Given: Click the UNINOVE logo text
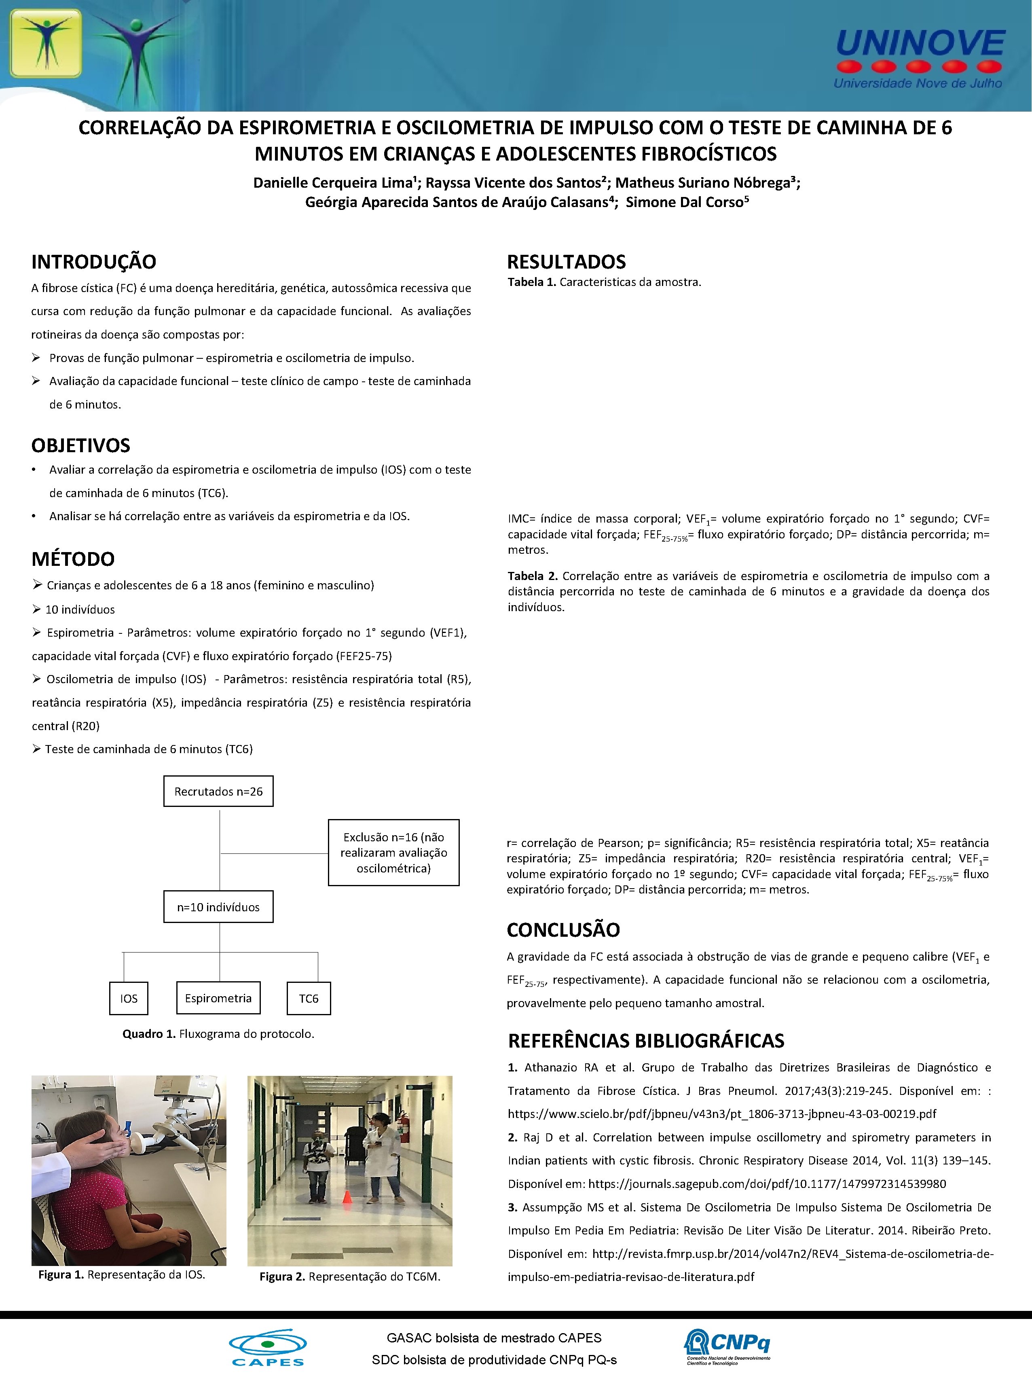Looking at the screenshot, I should point(920,44).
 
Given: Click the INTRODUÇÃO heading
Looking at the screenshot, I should point(94,262).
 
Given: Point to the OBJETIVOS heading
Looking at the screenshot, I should point(81,445).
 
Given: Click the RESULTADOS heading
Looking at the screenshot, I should point(567,262).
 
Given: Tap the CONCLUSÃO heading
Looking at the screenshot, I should point(563,930).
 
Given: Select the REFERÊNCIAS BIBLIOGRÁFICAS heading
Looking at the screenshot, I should point(646,1041).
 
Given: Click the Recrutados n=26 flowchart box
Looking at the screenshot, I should point(218,791).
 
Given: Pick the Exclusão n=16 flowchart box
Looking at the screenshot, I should point(393,852).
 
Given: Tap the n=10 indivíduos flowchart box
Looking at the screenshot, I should point(218,907).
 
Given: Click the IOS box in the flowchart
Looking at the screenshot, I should point(129,998).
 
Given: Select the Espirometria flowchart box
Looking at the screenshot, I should point(218,998).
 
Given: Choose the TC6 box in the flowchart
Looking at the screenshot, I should point(309,998).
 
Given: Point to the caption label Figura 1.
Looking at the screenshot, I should point(61,1274).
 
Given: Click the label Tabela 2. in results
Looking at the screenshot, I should point(533,576).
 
